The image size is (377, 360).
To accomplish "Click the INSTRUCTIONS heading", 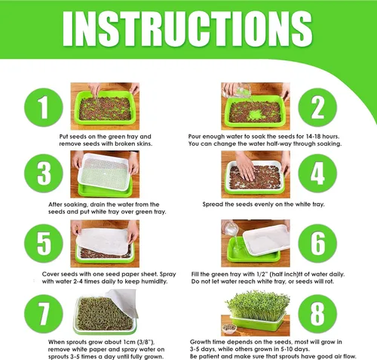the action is [187, 29].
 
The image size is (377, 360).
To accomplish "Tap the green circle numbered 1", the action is [44, 107].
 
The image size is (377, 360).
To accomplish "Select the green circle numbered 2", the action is [317, 107].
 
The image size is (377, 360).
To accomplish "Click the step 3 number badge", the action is [44, 174].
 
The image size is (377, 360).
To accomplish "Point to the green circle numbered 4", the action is [317, 174].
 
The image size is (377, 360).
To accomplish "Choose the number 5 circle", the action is [44, 243].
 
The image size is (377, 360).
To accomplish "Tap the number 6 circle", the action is [317, 243].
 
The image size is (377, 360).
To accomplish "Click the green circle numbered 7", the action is [44, 314].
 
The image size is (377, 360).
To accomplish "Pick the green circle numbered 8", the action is [317, 314].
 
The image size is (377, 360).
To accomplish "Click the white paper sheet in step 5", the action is [103, 241].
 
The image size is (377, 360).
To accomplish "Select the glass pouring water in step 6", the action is [231, 228].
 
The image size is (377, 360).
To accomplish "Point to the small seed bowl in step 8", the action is [229, 328].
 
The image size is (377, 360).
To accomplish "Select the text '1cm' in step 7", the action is [130, 342].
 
